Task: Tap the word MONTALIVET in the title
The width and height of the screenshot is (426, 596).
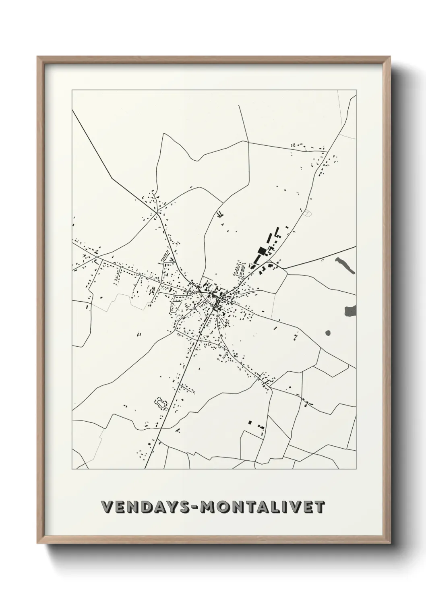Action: (x=263, y=507)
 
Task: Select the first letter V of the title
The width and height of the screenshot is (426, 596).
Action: (x=106, y=507)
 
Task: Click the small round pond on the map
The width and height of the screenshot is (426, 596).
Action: (x=327, y=333)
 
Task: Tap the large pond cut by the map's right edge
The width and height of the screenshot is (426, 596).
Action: (x=350, y=310)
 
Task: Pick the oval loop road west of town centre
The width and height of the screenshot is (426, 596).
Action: (x=176, y=307)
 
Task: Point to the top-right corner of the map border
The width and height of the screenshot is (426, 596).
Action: (x=356, y=90)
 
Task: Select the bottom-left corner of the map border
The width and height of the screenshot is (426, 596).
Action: (x=72, y=469)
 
